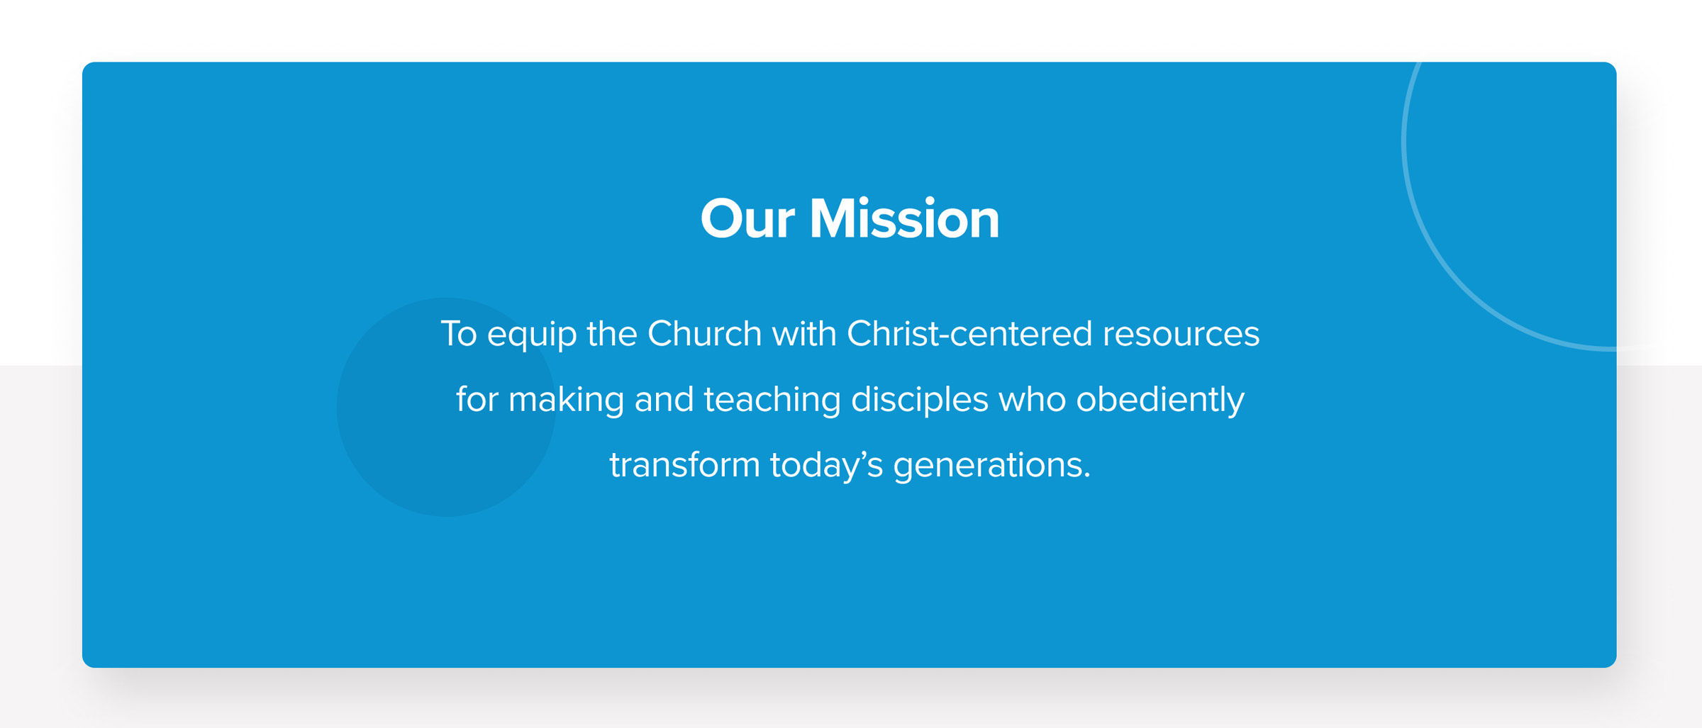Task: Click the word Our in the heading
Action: point(747,219)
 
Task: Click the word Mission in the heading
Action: point(904,219)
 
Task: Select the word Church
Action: point(704,333)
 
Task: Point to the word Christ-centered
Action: point(969,333)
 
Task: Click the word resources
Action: point(1181,335)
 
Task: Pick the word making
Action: point(566,401)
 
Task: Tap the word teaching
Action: point(772,401)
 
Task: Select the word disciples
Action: point(919,401)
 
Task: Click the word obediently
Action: point(1160,401)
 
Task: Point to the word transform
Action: point(684,465)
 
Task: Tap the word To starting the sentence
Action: point(459,333)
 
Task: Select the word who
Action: point(1032,399)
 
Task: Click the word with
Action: point(804,333)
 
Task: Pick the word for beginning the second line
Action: point(477,399)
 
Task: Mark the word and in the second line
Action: point(664,399)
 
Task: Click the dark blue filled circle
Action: point(446,407)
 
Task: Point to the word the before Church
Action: point(612,333)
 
